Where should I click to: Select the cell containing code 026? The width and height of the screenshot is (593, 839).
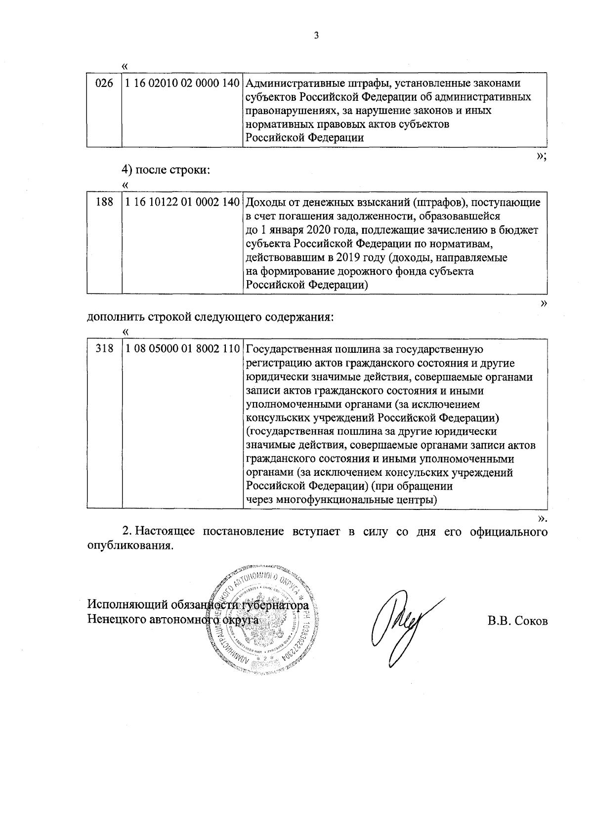(104, 84)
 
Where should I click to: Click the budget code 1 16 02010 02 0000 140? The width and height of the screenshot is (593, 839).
(182, 84)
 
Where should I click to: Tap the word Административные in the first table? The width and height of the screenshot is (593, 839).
(290, 83)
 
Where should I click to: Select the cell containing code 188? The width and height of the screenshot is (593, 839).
(104, 203)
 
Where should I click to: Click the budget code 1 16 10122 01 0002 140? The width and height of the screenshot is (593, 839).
(182, 203)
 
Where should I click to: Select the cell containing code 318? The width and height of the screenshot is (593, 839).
(104, 350)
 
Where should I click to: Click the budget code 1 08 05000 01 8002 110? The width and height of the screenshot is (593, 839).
(182, 350)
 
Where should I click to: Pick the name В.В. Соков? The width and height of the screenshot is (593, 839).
(517, 622)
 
